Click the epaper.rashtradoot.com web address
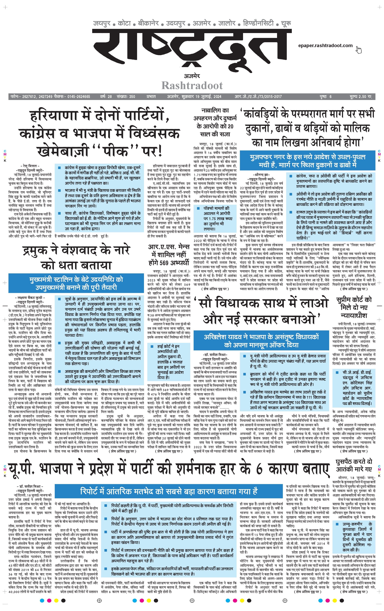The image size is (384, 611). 325,46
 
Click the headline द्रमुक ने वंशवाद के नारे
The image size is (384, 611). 76,250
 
